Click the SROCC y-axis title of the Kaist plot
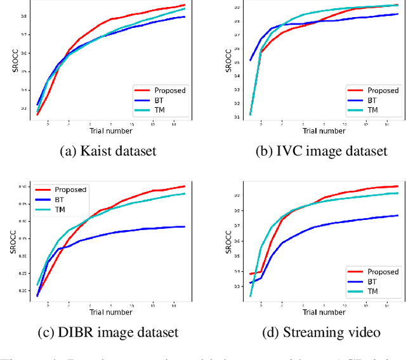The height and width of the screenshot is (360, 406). point(17,60)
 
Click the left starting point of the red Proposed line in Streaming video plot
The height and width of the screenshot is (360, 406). point(251,274)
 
